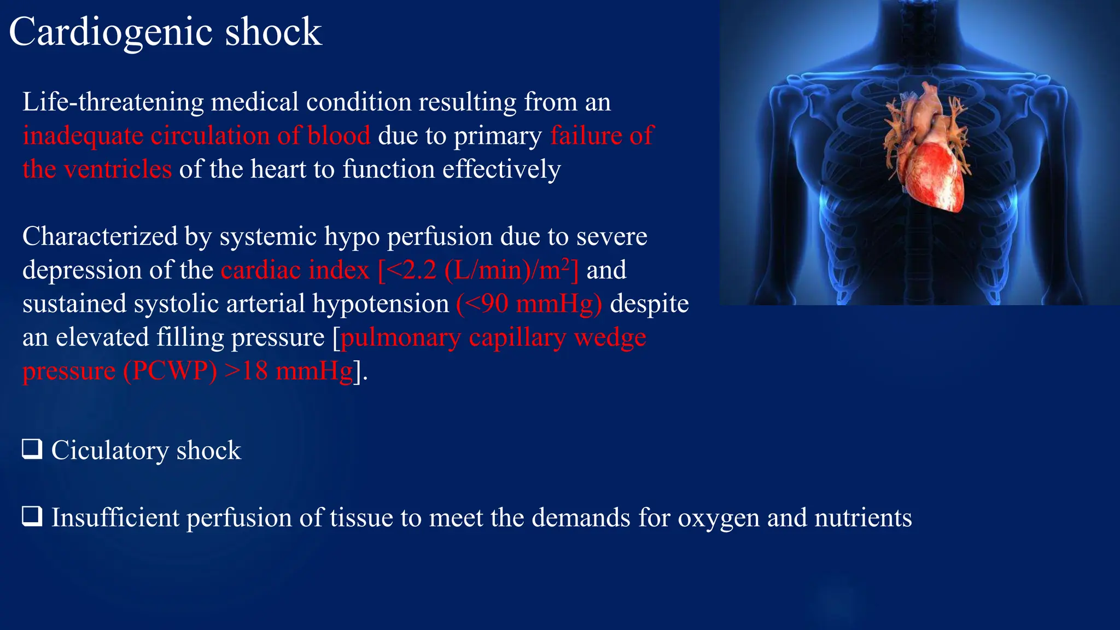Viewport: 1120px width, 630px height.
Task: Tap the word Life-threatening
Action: click(x=113, y=102)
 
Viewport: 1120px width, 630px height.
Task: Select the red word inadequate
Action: click(x=83, y=136)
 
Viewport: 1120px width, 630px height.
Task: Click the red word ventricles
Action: click(x=118, y=170)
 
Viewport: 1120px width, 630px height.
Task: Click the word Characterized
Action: click(x=100, y=237)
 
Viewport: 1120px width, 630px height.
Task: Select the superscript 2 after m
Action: click(x=565, y=263)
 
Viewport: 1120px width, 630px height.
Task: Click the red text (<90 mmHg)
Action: click(x=529, y=304)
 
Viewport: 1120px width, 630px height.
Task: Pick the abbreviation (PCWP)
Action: click(x=170, y=371)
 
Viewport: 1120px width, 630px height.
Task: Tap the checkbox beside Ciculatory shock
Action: click(x=32, y=449)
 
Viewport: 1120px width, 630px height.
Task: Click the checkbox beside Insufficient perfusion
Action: click(x=32, y=516)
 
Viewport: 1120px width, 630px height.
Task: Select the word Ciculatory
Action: click(x=110, y=451)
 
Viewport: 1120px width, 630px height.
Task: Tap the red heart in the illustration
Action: click(x=930, y=175)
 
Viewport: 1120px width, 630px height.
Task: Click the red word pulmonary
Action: click(x=400, y=338)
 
